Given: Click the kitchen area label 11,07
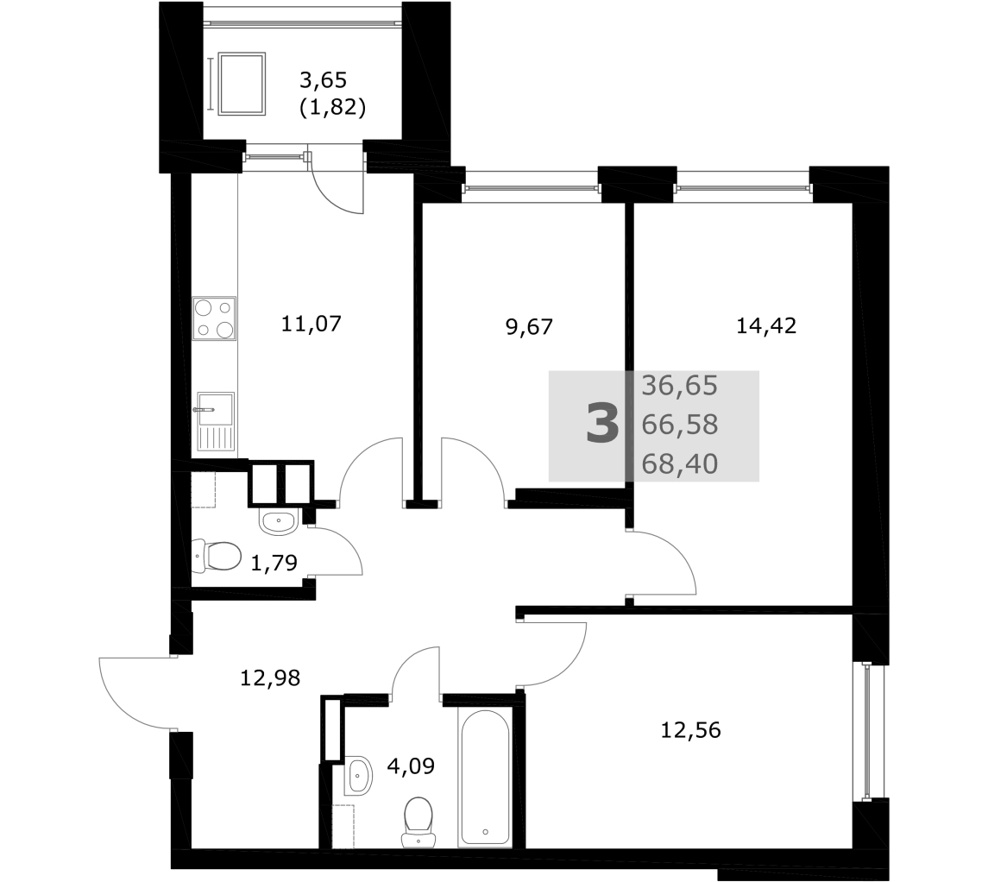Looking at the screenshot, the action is (x=311, y=324).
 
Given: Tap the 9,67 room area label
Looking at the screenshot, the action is (x=529, y=327).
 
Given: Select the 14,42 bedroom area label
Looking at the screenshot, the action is (x=766, y=325).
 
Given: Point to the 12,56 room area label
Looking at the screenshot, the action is (x=690, y=730).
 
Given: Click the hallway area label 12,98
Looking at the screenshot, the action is (x=270, y=677).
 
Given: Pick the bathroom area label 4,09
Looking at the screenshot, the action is (x=411, y=766).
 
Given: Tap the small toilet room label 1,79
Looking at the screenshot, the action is (x=274, y=563).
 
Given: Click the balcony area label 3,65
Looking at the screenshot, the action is (x=324, y=80).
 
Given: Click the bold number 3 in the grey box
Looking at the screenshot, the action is (x=602, y=424).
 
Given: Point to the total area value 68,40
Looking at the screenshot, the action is (x=680, y=464).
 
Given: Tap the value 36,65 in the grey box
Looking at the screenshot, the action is (x=680, y=386).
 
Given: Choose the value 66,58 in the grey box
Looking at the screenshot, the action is (x=680, y=425).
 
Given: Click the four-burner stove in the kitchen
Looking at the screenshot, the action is (x=214, y=318).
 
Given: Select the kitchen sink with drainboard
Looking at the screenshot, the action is (x=216, y=421).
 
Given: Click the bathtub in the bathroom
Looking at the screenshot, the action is (x=485, y=778).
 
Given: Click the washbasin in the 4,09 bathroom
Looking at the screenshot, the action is (x=359, y=774).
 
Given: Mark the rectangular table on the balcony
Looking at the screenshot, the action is (x=241, y=84).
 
